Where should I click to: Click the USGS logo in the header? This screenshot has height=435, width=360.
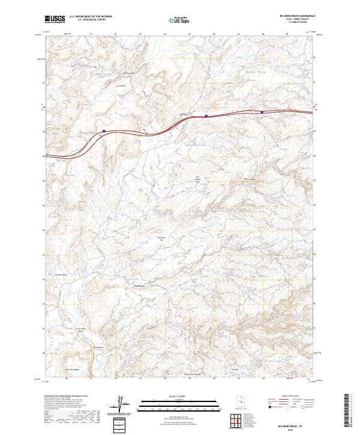55,19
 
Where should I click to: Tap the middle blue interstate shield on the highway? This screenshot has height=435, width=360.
206,116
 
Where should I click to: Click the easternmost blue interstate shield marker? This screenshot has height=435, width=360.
262,111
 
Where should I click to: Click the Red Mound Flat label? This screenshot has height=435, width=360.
161,238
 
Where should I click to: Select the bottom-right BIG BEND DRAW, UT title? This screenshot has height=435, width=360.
296,423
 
